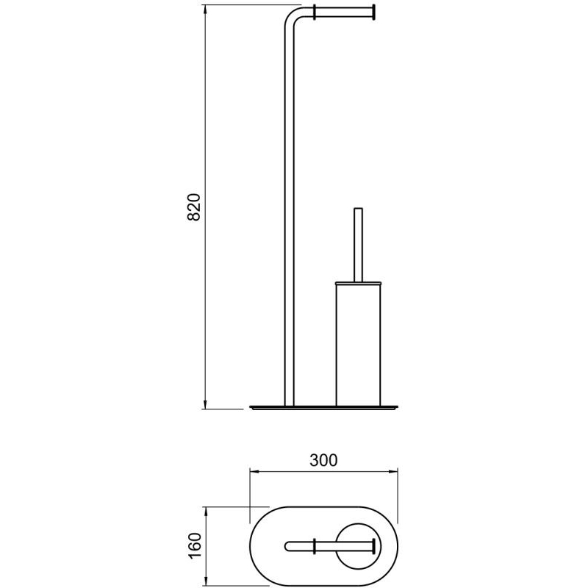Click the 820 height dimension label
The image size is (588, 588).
point(194,207)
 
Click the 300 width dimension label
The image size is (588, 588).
point(323,460)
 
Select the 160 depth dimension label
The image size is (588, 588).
point(195,546)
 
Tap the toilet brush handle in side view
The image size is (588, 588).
point(359,245)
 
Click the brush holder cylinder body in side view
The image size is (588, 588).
point(359,345)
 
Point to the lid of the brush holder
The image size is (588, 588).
point(359,282)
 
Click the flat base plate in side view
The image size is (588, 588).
point(323,407)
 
